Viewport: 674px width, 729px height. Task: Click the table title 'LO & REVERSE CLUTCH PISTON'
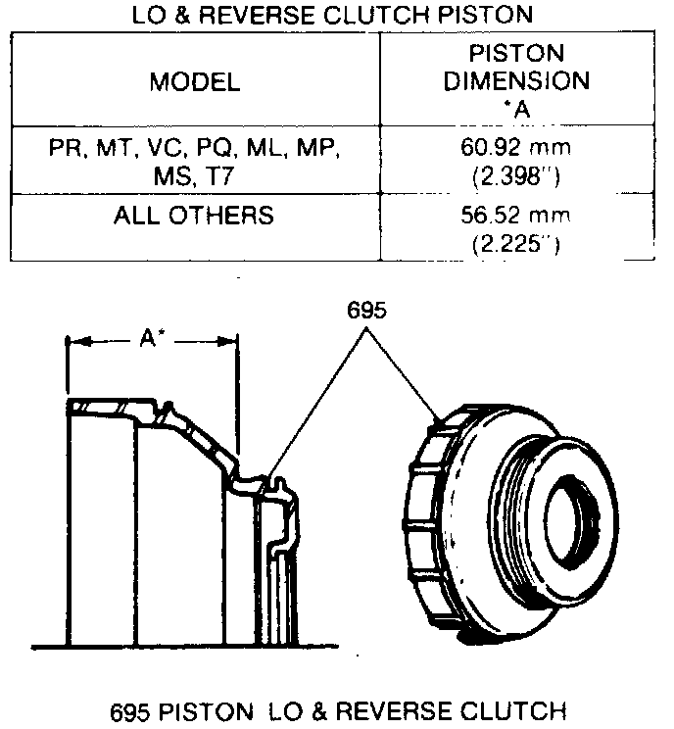tap(332, 15)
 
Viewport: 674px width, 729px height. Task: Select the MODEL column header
tap(194, 82)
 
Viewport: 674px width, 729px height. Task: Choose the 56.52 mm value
tap(516, 215)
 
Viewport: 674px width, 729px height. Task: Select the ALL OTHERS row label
tap(194, 215)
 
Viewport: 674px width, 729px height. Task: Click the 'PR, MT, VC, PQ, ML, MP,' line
tap(194, 148)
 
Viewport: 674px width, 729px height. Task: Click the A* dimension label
tap(151, 339)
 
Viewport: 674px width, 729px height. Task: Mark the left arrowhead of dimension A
tap(72, 341)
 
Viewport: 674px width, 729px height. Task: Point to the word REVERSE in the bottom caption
tap(390, 709)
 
